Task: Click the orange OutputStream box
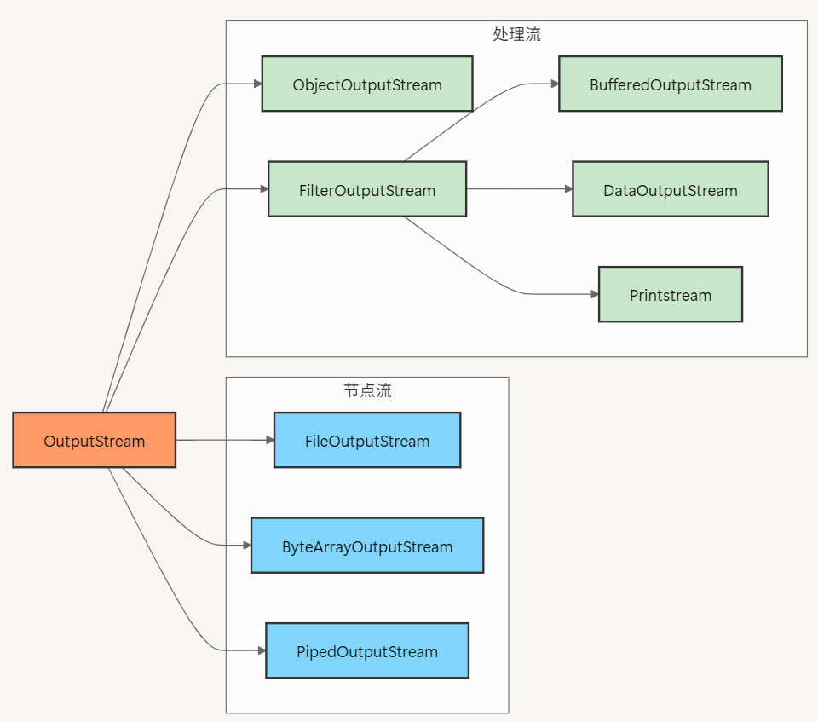tap(94, 440)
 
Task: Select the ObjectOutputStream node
tap(366, 84)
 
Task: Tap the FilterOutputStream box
tap(366, 189)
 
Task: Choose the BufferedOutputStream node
tap(670, 84)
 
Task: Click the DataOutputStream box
tap(670, 189)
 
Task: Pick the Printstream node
tap(670, 295)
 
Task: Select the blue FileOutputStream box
tap(366, 441)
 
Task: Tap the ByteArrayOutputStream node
tap(366, 546)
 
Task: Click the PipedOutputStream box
tap(366, 651)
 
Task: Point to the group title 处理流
tap(516, 35)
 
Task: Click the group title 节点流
tap(367, 391)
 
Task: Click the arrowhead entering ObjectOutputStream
tap(257, 84)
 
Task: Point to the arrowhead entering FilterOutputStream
tap(264, 189)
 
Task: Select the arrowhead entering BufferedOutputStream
tap(555, 84)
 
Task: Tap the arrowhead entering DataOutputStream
tap(568, 189)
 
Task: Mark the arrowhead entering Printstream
tap(595, 294)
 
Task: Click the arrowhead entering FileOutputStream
tap(270, 440)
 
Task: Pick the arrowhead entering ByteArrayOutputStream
tap(246, 546)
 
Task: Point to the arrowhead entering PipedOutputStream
tap(262, 650)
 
